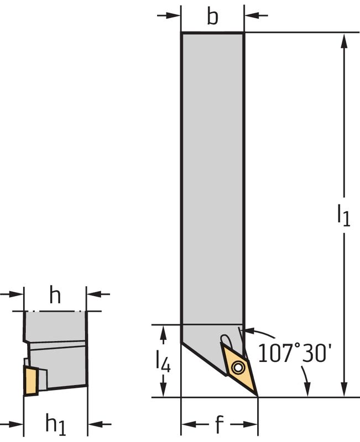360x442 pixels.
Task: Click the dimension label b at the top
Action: coord(212,17)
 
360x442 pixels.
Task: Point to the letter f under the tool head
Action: coord(219,425)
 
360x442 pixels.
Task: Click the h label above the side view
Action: coord(55,296)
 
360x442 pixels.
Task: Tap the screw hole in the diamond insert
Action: coord(238,366)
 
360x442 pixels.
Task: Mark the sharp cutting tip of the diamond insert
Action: coord(257,396)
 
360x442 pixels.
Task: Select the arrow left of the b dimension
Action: coord(174,15)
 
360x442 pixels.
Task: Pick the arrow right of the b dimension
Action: coord(251,15)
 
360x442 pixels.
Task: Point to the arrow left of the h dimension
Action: coord(17,294)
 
